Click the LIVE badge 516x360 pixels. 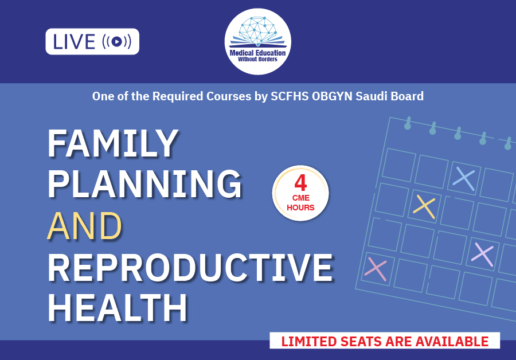click(x=92, y=41)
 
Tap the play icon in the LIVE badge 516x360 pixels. click(x=116, y=41)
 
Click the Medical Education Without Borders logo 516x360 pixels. click(x=257, y=41)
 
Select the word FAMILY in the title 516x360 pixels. click(x=113, y=143)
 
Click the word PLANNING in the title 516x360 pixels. click(x=145, y=184)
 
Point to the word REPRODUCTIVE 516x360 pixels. click(x=190, y=267)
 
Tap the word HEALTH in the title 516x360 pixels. click(x=118, y=308)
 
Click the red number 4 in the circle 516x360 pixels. click(x=300, y=183)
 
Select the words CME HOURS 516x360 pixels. click(x=300, y=203)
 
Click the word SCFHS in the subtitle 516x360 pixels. click(x=290, y=96)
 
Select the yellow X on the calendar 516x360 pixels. click(x=424, y=206)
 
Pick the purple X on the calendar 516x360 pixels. click(x=482, y=255)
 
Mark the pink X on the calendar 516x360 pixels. click(x=376, y=269)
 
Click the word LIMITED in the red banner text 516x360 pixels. click(x=309, y=341)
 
